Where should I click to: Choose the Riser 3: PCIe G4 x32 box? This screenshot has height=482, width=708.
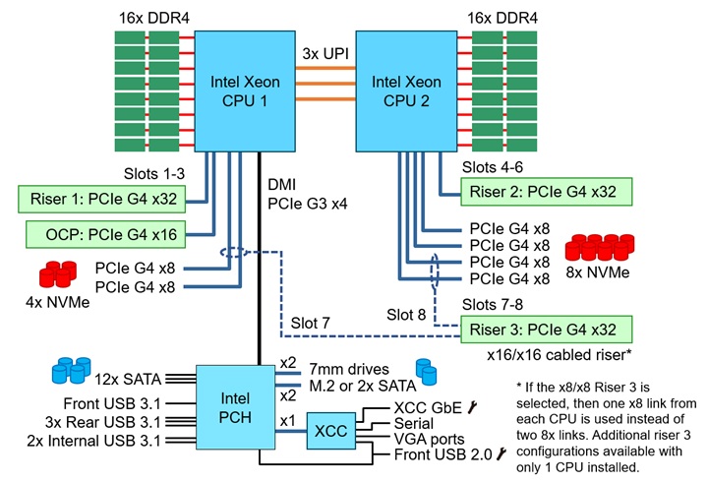[546, 328]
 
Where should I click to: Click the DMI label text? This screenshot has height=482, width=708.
[282, 184]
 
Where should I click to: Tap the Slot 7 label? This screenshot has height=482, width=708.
[312, 324]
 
